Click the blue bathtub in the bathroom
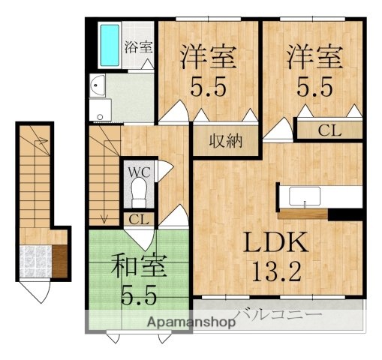pyautogui.click(x=110, y=46)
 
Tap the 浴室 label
pyautogui.click(x=139, y=46)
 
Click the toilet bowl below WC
pyautogui.click(x=140, y=193)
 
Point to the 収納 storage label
pyautogui.click(x=225, y=141)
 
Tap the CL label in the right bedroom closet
pyautogui.click(x=329, y=130)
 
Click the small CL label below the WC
pyautogui.click(x=139, y=219)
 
